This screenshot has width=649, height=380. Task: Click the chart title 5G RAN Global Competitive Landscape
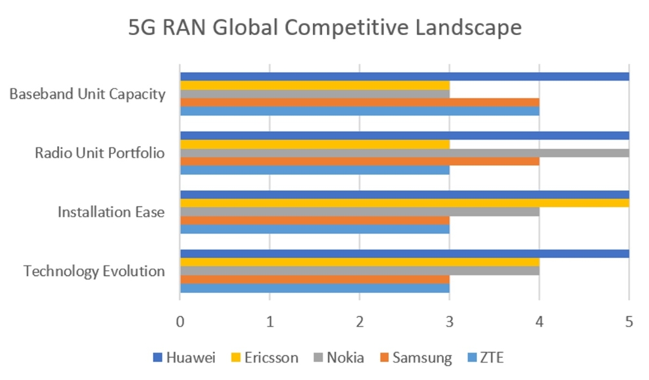pyautogui.click(x=324, y=29)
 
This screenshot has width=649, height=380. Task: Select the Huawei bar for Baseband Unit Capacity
pyautogui.click(x=404, y=77)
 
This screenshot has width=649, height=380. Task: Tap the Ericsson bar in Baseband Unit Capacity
pyautogui.click(x=314, y=85)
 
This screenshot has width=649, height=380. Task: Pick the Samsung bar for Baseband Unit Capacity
pyautogui.click(x=359, y=102)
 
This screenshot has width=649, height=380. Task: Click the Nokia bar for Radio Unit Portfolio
pyautogui.click(x=404, y=153)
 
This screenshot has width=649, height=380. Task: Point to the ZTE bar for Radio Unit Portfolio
pyautogui.click(x=314, y=170)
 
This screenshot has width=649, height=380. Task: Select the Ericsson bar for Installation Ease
pyautogui.click(x=404, y=203)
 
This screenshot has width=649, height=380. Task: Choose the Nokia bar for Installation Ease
pyautogui.click(x=359, y=212)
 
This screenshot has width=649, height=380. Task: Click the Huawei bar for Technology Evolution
pyautogui.click(x=404, y=253)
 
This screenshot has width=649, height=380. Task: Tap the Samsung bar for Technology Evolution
pyautogui.click(x=314, y=279)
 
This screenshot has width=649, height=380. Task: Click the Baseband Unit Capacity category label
pyautogui.click(x=88, y=94)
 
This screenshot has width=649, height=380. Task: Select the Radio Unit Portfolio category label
pyautogui.click(x=99, y=153)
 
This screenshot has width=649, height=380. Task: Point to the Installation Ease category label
pyautogui.click(x=111, y=212)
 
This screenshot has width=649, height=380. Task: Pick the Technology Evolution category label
pyautogui.click(x=94, y=271)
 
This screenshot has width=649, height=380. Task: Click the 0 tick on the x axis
pyautogui.click(x=180, y=321)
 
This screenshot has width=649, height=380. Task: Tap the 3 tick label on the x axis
pyautogui.click(x=449, y=321)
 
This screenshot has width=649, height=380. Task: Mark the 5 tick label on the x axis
pyautogui.click(x=628, y=321)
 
